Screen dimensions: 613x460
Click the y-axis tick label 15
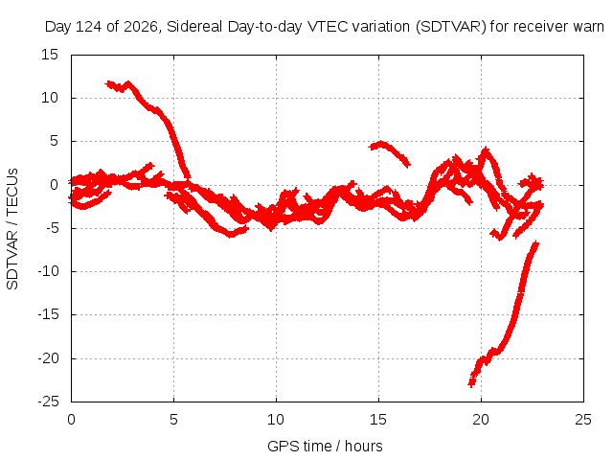tap(50, 55)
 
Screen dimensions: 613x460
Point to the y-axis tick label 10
tap(50, 98)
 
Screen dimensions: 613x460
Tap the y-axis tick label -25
tap(49, 402)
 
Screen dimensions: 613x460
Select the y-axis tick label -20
tap(49, 358)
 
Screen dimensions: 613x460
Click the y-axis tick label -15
tap(49, 314)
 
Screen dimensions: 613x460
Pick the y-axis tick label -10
tap(49, 271)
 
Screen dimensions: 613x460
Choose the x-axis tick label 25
tap(583, 420)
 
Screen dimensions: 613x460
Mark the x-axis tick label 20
tap(481, 420)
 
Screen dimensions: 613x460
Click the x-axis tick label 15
tap(378, 420)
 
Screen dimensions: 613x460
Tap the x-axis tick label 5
tap(173, 420)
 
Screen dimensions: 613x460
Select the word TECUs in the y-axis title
tap(12, 192)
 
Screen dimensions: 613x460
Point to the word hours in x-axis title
tap(364, 446)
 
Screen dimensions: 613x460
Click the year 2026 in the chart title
tap(141, 27)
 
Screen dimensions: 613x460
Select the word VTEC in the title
tap(328, 27)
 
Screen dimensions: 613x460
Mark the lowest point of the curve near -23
tap(471, 385)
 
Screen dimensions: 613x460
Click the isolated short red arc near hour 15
tap(389, 151)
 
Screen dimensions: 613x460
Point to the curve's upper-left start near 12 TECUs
tap(108, 83)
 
